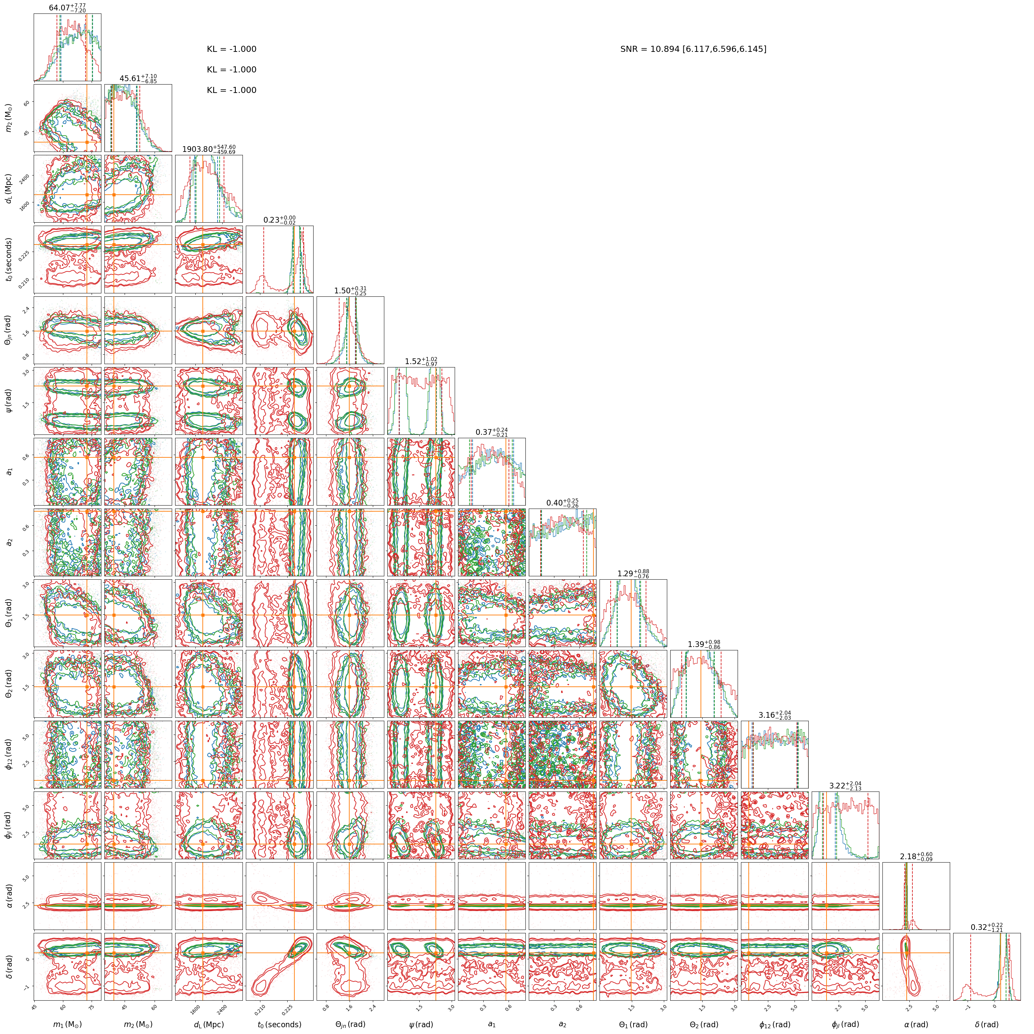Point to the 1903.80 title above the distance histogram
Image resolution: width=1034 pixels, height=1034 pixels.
(208, 149)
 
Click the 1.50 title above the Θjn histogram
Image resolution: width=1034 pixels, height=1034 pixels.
(350, 291)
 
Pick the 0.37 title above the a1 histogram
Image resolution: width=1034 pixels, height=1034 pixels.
(491, 432)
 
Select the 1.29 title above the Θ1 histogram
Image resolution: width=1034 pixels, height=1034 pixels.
(633, 573)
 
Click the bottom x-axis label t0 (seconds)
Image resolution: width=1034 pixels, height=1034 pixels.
(279, 1024)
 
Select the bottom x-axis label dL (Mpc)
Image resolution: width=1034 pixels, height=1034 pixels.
(208, 1024)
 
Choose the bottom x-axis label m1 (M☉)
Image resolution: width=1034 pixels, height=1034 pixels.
(67, 1024)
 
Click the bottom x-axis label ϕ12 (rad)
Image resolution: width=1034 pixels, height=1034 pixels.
(774, 1024)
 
